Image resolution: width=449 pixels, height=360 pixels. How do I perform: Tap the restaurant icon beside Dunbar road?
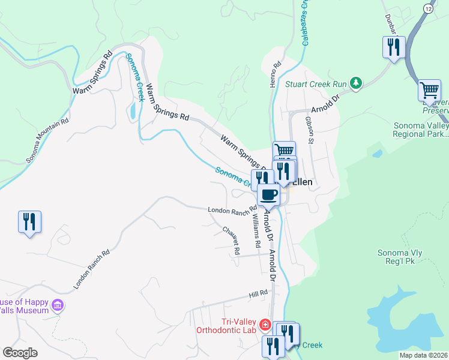point(394,47)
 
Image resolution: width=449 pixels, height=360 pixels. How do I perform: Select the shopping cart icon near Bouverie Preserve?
point(429,91)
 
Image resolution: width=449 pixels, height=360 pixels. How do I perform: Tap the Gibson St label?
point(310,130)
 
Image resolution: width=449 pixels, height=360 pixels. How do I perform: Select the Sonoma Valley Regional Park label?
point(420,130)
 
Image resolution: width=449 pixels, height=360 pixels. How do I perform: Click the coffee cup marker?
point(268,195)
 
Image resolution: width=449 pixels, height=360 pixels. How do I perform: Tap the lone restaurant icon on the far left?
point(29,222)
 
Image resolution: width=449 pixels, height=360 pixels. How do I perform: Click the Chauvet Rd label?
point(231,239)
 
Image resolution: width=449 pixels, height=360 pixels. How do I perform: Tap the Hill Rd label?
point(258,296)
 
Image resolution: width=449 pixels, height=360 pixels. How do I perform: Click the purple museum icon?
point(58,306)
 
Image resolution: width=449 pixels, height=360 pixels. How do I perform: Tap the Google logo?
point(19,353)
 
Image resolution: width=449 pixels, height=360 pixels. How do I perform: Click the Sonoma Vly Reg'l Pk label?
point(400,257)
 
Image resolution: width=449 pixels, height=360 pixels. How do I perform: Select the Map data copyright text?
point(423,355)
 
